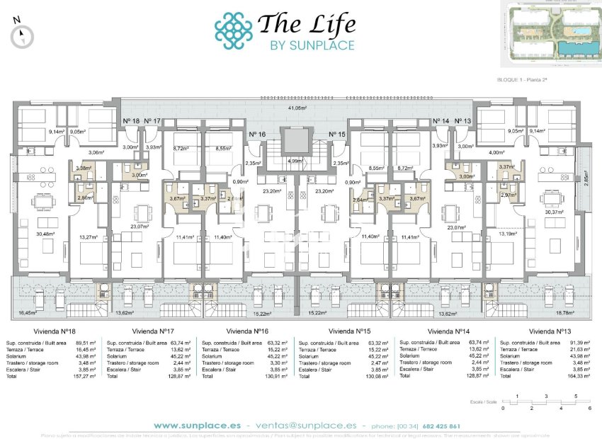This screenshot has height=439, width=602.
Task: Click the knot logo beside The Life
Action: (233, 30)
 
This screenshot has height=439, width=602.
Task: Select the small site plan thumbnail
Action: (550, 33)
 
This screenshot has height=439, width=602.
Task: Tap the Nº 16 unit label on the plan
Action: (257, 134)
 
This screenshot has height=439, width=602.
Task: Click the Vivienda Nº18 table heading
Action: (57, 330)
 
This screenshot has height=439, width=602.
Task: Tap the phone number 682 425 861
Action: (441, 426)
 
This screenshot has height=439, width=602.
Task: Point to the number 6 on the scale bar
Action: (589, 409)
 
